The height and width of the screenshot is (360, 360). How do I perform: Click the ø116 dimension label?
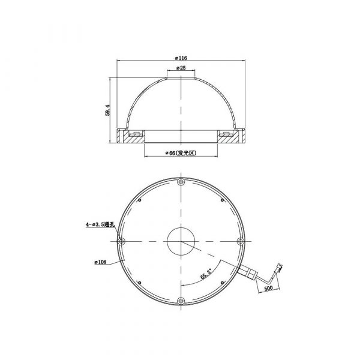181,58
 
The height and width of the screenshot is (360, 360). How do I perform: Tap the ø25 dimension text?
181,68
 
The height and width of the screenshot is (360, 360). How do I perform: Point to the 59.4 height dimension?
107,110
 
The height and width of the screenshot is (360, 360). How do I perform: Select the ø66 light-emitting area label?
181,153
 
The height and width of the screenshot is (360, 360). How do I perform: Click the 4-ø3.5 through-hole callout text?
100,224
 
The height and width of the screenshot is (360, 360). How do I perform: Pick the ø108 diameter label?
101,262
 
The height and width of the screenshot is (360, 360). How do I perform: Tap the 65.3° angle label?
206,274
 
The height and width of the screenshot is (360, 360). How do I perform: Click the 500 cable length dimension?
268,288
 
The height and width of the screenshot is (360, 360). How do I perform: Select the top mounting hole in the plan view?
181,182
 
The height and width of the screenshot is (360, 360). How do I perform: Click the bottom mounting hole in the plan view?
181,301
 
